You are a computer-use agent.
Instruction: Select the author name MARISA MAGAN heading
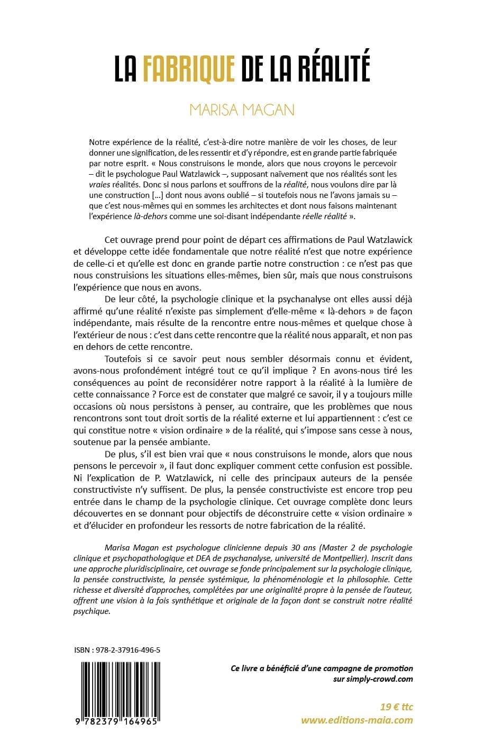242,110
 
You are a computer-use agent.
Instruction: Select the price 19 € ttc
397,707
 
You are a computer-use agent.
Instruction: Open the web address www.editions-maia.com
357,719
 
